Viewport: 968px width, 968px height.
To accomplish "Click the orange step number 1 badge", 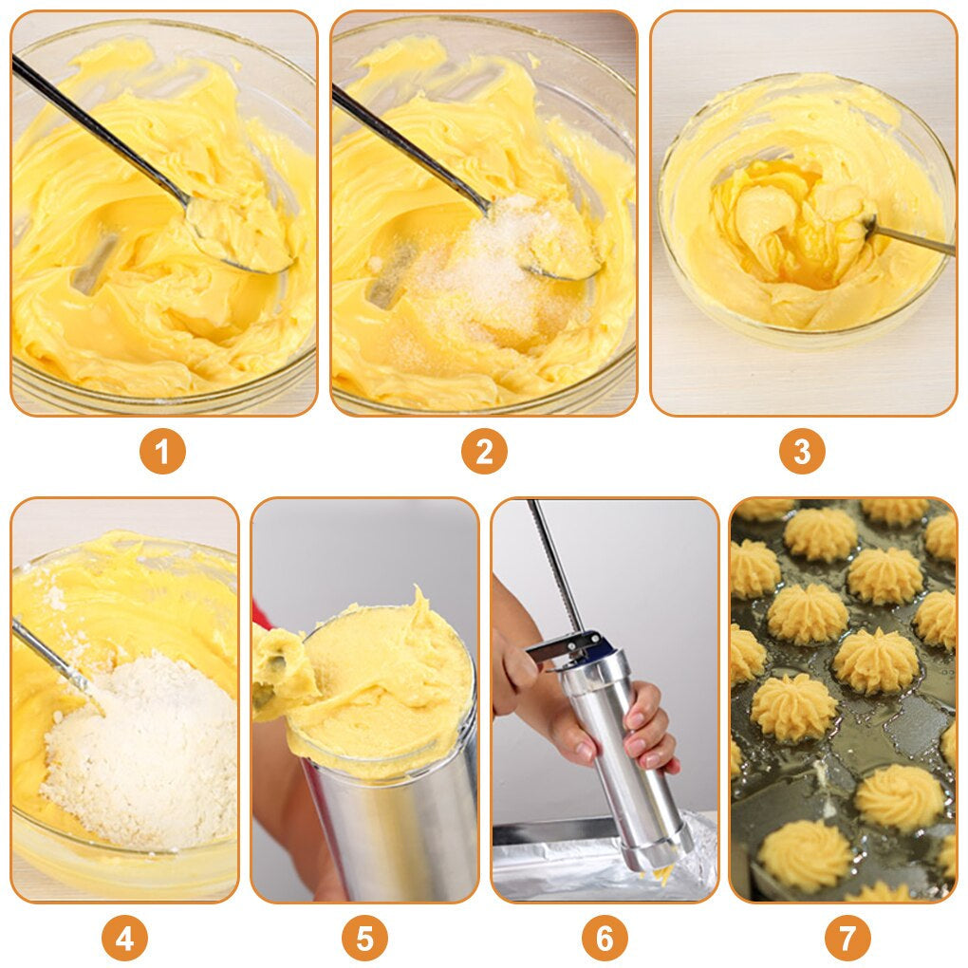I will click(x=162, y=452).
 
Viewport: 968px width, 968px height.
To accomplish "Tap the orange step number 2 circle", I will click(x=484, y=452).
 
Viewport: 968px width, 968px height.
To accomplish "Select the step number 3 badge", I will click(x=802, y=452).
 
